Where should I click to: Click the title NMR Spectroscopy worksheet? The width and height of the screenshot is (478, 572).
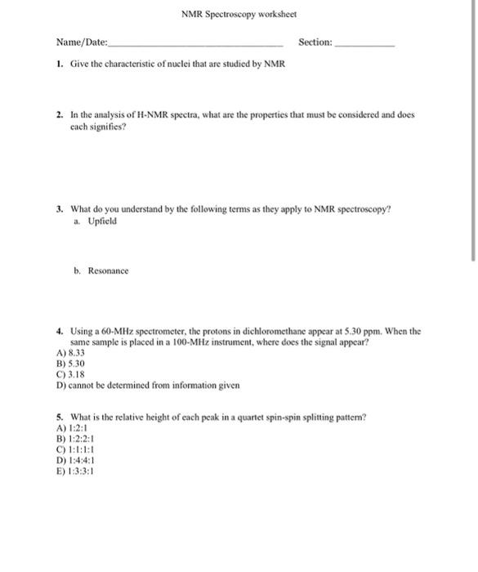click(x=239, y=15)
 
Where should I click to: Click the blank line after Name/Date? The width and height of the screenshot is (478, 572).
click(x=196, y=44)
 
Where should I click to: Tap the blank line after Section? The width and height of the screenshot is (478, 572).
click(x=364, y=44)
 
